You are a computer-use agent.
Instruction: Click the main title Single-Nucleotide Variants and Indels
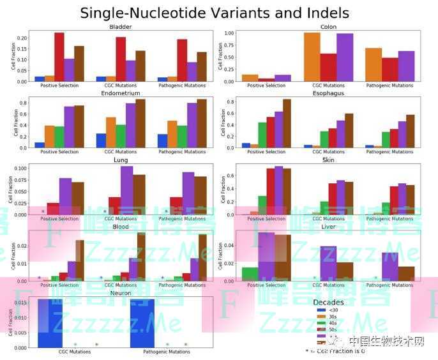(x=215, y=12)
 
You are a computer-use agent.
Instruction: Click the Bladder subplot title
(x=121, y=27)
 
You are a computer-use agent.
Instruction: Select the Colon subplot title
(x=328, y=27)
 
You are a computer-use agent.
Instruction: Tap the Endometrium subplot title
(x=121, y=93)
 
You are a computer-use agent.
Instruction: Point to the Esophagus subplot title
(x=328, y=93)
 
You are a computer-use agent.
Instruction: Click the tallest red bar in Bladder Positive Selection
(x=59, y=57)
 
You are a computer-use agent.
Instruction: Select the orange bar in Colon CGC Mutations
(x=312, y=57)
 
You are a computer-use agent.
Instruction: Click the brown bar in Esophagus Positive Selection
(x=287, y=123)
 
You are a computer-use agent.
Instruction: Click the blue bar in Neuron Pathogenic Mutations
(x=142, y=323)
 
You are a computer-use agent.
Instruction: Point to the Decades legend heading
(x=328, y=302)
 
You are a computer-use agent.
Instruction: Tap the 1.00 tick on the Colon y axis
(x=231, y=33)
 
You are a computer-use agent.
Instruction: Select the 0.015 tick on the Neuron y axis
(x=21, y=303)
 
